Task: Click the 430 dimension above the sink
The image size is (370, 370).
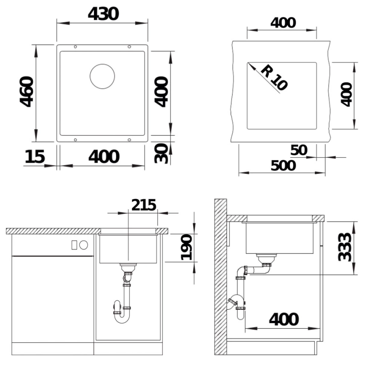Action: [x=103, y=14]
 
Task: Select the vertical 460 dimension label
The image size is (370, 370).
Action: [x=26, y=91]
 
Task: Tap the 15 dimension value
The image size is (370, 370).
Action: [x=35, y=157]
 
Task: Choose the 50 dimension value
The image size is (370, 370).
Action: [x=299, y=150]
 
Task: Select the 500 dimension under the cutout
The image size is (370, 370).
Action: [x=283, y=165]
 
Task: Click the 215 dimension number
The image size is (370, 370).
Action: [x=144, y=205]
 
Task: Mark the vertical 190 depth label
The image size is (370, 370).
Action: [x=187, y=247]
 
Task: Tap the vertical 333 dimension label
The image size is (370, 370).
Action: [x=345, y=247]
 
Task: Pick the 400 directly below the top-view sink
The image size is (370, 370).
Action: [x=104, y=157]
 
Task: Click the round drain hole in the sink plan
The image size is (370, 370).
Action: [x=102, y=77]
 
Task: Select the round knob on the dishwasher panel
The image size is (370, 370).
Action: [x=84, y=245]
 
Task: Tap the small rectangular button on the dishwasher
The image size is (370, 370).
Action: [x=74, y=245]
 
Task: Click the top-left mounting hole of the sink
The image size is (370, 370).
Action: [x=76, y=47]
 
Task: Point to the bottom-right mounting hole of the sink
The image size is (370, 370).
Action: [x=129, y=139]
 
